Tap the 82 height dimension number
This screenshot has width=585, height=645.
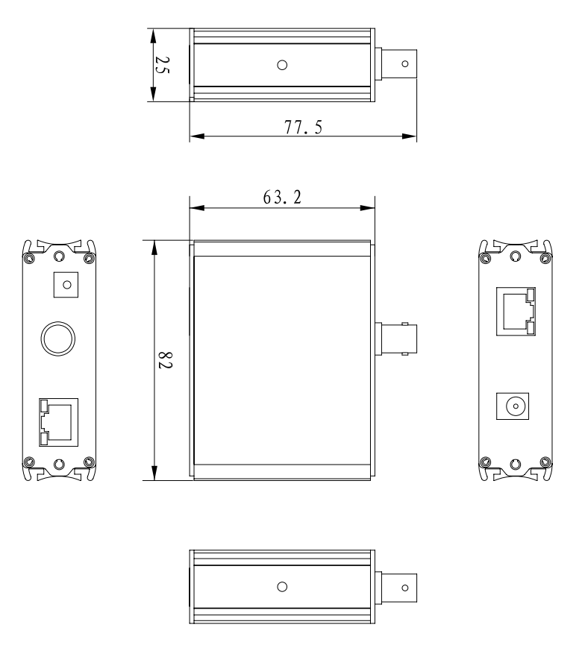pos(165,363)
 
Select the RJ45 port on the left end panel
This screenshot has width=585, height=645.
pos(58,422)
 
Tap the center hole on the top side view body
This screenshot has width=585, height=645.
pos(282,65)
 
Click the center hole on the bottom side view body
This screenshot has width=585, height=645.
pos(282,587)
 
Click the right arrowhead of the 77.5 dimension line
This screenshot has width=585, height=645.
pos(411,136)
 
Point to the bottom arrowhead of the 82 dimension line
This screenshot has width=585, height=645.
pos(154,475)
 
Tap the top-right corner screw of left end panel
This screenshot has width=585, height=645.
pos(89,258)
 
